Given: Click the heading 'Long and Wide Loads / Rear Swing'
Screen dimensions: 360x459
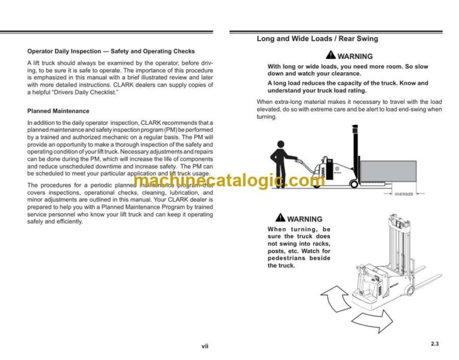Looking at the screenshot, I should [317, 39].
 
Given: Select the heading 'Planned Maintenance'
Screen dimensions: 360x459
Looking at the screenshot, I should [59, 111].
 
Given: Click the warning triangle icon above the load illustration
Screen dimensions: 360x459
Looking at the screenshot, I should [332, 56].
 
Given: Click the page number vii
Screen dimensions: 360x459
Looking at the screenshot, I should [205, 346].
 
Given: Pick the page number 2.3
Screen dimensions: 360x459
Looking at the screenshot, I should [434, 343].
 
